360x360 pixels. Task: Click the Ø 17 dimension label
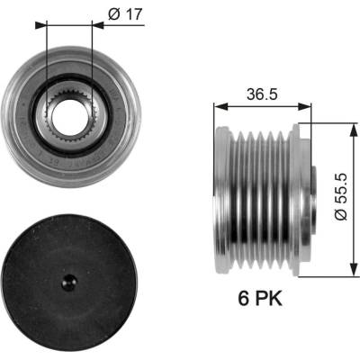pyautogui.click(x=124, y=13)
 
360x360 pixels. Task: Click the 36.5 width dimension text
pyautogui.click(x=262, y=94)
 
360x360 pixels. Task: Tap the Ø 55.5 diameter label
pyautogui.click(x=341, y=197)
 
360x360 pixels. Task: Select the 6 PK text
pyautogui.click(x=260, y=299)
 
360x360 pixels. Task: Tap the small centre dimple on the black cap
pyautogui.click(x=69, y=283)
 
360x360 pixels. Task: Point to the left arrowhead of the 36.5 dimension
pyautogui.click(x=220, y=106)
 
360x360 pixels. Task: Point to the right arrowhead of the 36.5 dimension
pyautogui.click(x=305, y=106)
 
